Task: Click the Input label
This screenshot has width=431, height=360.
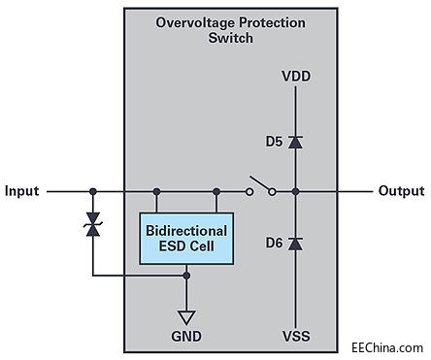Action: pos(22,191)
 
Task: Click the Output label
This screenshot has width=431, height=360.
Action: pos(401,191)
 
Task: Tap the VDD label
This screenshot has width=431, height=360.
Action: pos(296,77)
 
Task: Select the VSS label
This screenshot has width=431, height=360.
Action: pos(296,336)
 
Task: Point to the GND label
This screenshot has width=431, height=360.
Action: pos(186,337)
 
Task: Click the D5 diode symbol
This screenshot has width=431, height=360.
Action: pos(295,142)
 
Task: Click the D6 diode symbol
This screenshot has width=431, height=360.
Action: pos(295,244)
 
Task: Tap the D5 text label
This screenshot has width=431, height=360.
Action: pos(274,142)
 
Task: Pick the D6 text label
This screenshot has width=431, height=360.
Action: pos(274,243)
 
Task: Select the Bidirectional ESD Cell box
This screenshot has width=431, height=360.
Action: pos(186,239)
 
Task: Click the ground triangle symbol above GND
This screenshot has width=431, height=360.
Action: pos(186,317)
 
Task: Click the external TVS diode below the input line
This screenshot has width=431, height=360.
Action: pos(93,224)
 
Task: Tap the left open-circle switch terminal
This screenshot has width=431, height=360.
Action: pos(249,192)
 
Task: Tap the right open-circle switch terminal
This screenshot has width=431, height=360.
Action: pos(273,192)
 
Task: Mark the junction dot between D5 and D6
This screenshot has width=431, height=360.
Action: pos(295,192)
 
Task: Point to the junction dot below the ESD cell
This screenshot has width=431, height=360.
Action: pos(186,276)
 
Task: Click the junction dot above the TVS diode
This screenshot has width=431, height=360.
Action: pos(93,192)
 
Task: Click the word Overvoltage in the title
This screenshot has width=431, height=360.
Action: pos(195,23)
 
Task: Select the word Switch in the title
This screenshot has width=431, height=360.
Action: pos(231,38)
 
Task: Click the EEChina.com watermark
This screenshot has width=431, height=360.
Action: pos(387,348)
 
